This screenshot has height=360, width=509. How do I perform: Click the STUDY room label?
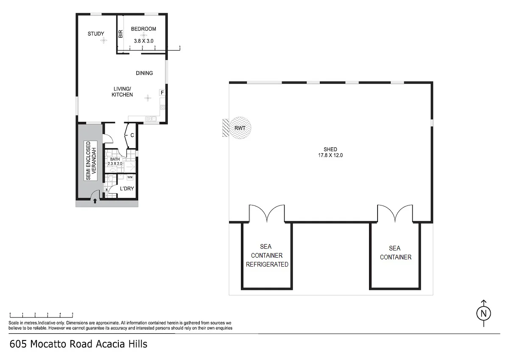click(96, 34)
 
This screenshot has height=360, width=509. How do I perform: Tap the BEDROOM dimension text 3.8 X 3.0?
click(143, 41)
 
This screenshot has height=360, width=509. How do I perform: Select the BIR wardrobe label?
click(120, 34)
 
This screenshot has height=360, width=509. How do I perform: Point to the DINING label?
click(144, 73)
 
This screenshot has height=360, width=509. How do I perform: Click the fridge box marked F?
click(162, 92)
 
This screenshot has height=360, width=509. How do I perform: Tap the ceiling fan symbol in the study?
click(103, 41)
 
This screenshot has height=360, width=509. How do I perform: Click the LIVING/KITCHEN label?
click(122, 92)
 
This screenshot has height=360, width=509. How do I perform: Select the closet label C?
click(132, 135)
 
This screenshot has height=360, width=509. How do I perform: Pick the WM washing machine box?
click(130, 177)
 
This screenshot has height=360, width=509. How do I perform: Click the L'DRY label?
click(127, 188)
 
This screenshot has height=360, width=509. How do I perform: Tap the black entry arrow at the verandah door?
click(95, 201)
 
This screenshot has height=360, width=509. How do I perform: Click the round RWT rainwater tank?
click(240, 127)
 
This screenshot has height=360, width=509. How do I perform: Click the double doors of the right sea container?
click(395, 214)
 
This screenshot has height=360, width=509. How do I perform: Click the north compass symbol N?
click(483, 314)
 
